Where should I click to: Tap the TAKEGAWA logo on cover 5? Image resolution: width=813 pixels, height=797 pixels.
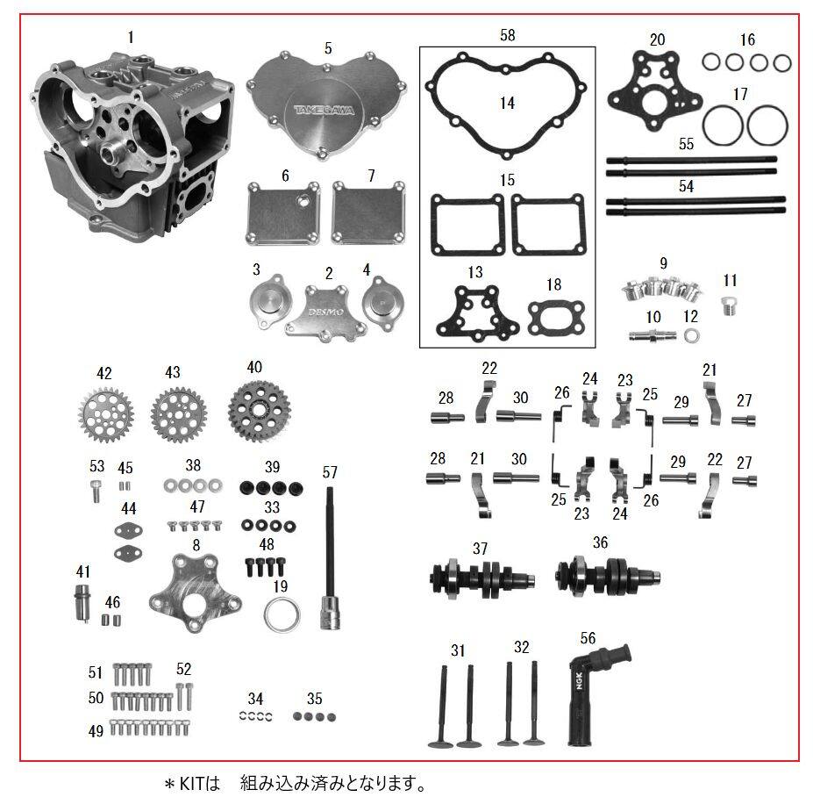pos(324,110)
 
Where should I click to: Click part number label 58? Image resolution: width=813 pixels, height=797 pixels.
pos(508,35)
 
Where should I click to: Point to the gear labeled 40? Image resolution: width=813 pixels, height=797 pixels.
pos(259,411)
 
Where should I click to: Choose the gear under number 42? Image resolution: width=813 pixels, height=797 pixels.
pos(106,415)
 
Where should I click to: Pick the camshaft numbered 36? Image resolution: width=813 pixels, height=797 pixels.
pos(608,576)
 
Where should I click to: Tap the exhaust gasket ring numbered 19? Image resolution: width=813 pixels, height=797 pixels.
pos(282,614)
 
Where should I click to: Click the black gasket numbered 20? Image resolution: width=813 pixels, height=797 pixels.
pos(655,93)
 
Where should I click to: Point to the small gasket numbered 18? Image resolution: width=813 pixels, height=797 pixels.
pos(556,317)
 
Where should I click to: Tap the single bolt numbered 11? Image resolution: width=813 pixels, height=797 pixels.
pos(729,305)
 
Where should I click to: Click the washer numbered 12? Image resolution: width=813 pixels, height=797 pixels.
pos(691,335)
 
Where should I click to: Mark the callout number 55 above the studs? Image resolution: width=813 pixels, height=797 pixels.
pos(686,144)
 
